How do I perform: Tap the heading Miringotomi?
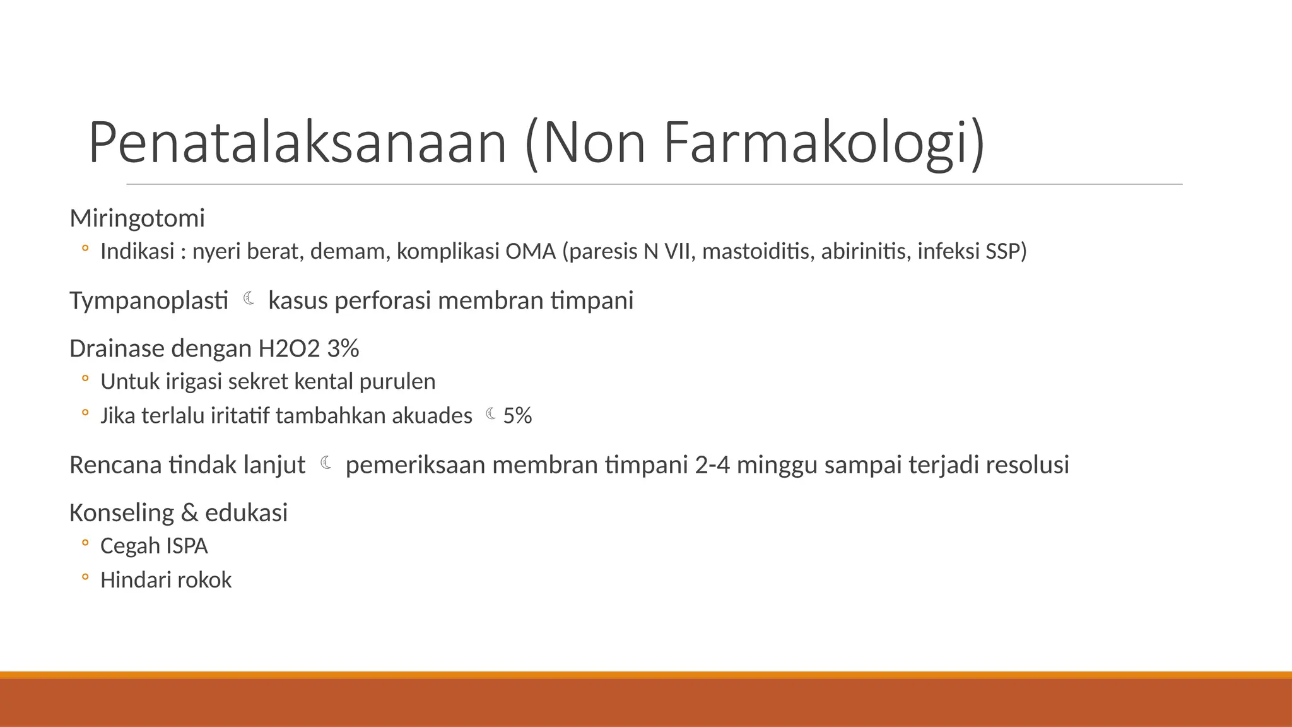coord(137,218)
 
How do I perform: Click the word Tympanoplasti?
coord(149,300)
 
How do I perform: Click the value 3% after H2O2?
coord(343,348)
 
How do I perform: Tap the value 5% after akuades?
coord(517,416)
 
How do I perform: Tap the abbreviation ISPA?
coord(187,546)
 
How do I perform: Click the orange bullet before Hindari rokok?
coord(85,577)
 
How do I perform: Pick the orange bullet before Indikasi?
coord(85,249)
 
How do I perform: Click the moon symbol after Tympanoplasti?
coord(249,298)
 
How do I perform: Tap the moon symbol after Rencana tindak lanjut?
coord(326,463)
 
